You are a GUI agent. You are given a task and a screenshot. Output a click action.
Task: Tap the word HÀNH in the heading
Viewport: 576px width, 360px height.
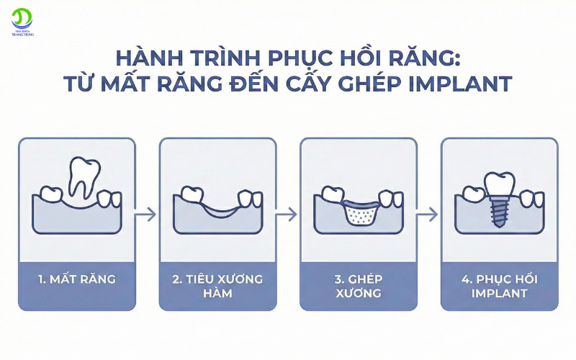[x=149, y=57]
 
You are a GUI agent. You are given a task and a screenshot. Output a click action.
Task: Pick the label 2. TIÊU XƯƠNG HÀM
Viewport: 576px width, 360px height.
[x=217, y=286]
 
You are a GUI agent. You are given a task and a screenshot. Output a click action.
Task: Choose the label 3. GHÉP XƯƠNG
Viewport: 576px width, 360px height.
[x=358, y=286]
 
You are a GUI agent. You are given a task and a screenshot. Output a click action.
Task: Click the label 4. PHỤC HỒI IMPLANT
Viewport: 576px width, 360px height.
[x=499, y=286]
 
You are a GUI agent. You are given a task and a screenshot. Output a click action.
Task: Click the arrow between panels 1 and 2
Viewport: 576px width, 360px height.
[x=147, y=214]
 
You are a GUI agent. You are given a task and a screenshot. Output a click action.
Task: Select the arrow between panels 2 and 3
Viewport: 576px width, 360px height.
[x=287, y=214]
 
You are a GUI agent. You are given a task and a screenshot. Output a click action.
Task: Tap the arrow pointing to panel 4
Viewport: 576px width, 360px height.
[x=428, y=214]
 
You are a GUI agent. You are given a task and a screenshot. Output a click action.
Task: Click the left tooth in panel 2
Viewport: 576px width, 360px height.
[x=192, y=193]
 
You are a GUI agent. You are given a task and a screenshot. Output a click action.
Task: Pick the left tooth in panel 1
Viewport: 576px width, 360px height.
[x=51, y=193]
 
